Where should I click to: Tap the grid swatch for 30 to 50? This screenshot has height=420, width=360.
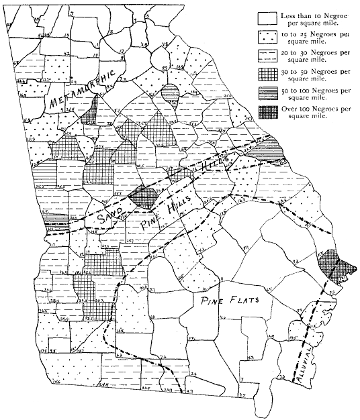(x=269, y=71)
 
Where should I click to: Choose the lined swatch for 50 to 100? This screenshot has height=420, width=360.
(x=269, y=91)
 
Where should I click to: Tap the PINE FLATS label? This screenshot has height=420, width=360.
(x=226, y=303)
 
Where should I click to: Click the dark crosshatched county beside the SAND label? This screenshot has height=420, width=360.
(x=144, y=197)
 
